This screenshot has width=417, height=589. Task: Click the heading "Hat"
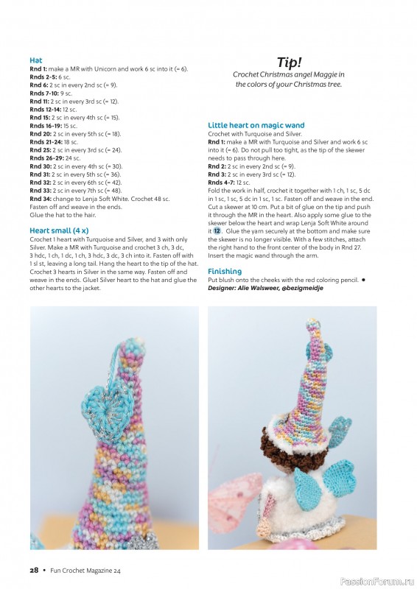click(x=36, y=60)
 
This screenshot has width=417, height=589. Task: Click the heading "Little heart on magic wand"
click(x=256, y=125)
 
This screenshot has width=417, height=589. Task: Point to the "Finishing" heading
click(x=225, y=271)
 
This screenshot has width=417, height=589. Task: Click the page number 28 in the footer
click(x=34, y=570)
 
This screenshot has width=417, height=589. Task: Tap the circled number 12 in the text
click(x=217, y=230)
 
